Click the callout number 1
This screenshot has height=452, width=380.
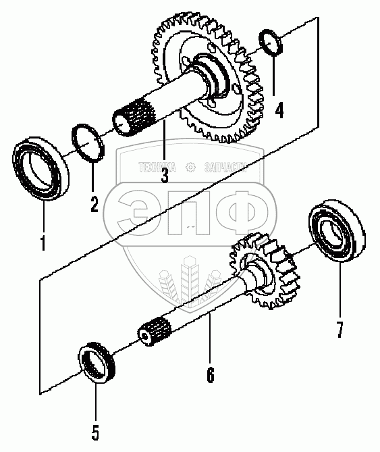43,243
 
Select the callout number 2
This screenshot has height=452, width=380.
94,204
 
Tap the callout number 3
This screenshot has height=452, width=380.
165,174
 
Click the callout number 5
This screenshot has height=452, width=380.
95,432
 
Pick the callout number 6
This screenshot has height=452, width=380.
211,374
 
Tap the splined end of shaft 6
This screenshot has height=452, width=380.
155,331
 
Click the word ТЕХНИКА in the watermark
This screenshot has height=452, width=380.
157,167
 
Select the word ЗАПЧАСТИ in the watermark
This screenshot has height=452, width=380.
225,167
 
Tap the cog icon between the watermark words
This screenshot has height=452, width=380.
190,167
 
